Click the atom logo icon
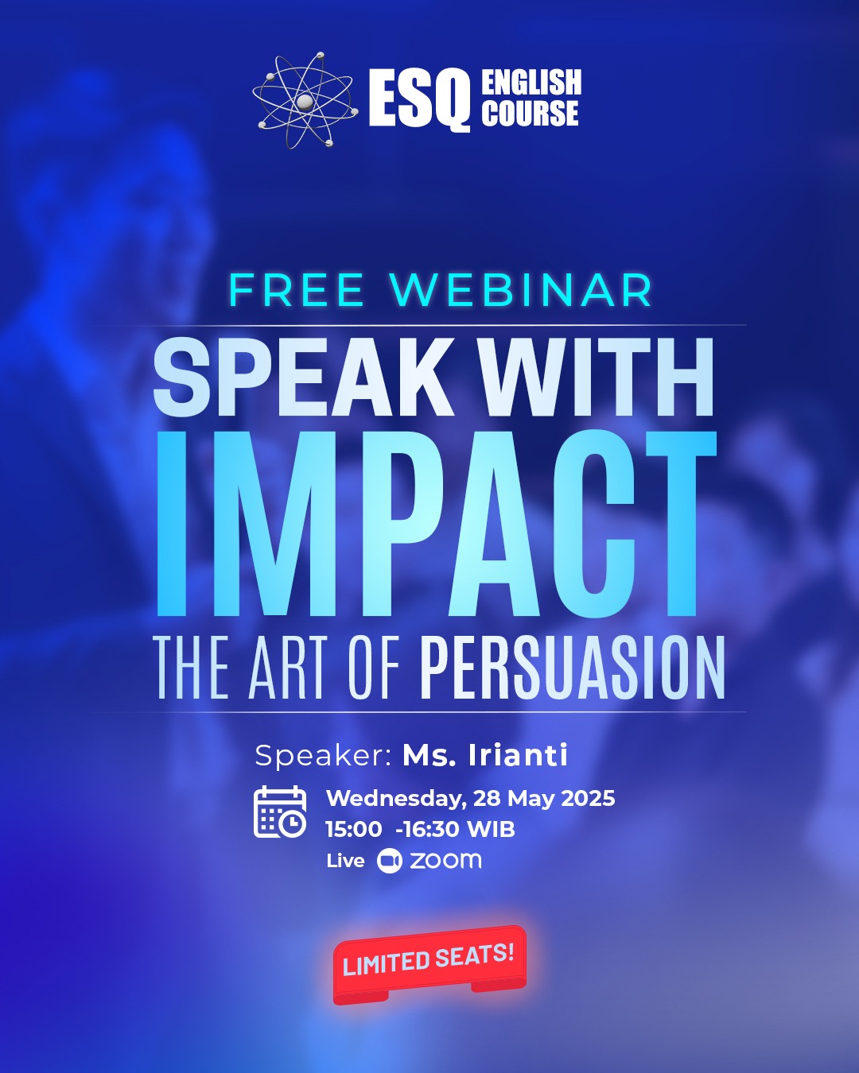pos(305,100)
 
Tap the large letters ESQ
pos(419,99)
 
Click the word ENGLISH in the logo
pos(531,83)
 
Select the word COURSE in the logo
pos(530,112)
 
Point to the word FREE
pos(297,290)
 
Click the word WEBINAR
pos(521,290)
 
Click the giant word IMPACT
pos(437,524)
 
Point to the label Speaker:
pos(323,757)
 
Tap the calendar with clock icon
pos(280,812)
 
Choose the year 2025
pos(588,799)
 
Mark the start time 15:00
pos(354,830)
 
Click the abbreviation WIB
pos(492,830)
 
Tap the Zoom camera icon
pos(390,861)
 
